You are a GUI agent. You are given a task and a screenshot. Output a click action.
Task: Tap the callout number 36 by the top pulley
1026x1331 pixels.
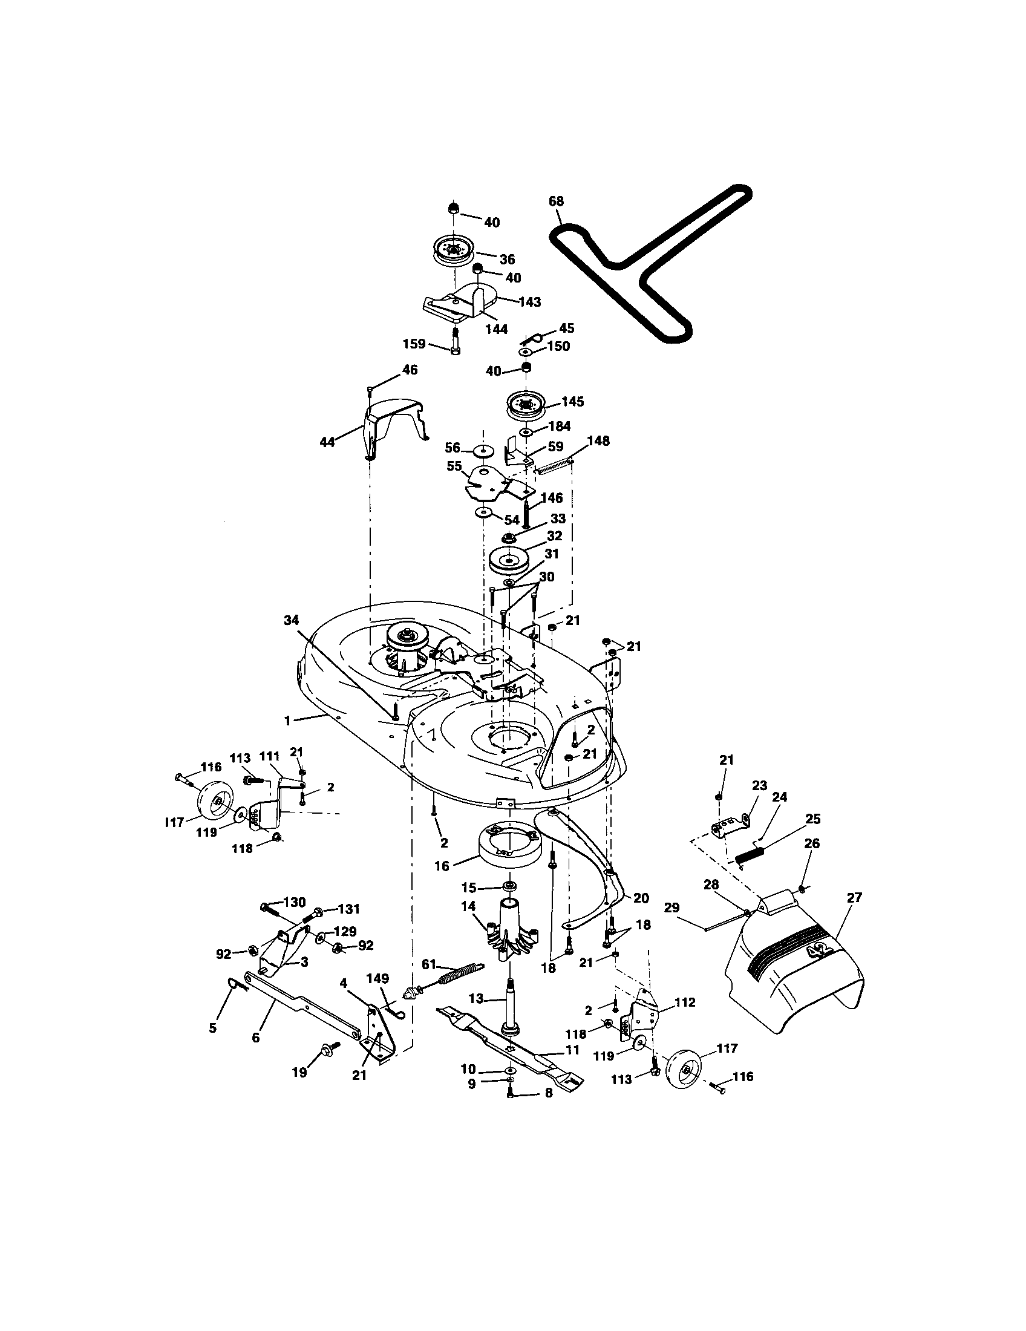pos(507,259)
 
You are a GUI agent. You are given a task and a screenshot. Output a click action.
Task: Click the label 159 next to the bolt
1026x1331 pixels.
pos(414,344)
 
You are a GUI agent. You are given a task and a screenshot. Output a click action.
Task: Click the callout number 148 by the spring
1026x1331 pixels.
pos(598,440)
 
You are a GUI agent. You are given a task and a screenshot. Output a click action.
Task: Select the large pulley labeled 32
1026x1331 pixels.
pos(506,559)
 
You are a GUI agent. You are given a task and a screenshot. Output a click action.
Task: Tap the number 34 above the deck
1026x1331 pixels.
pos(292,620)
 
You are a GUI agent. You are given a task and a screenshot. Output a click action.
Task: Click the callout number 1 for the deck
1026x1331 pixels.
pos(287,721)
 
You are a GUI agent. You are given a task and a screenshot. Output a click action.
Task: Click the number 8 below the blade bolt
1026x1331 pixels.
pos(547,1093)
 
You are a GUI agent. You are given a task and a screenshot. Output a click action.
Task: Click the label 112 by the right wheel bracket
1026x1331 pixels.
pos(684,1002)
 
